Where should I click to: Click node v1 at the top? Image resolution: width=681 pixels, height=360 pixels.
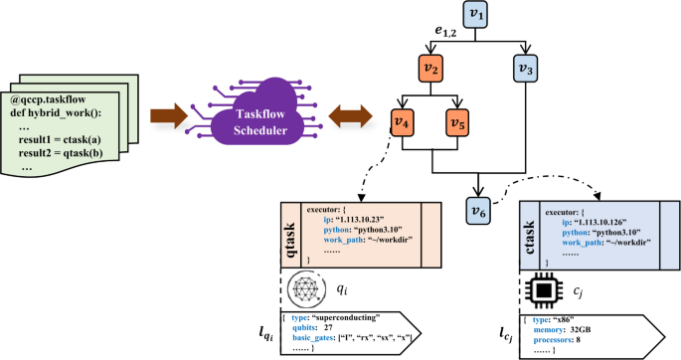click(x=477, y=15)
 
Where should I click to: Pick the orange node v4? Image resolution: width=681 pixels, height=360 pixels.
click(x=403, y=122)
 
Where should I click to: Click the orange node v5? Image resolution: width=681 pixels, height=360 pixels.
click(x=458, y=122)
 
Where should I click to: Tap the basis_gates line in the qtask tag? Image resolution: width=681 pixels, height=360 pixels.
click(x=348, y=338)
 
